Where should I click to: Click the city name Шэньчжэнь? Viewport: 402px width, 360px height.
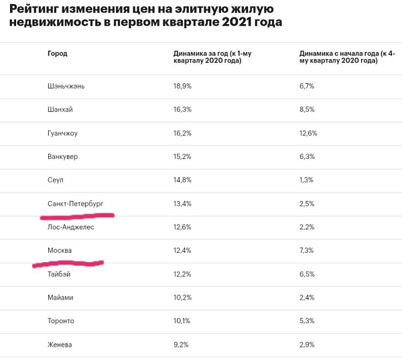click(66, 86)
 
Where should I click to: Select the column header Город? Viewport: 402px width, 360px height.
click(58, 54)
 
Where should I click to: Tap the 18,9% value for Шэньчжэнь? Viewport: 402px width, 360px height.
click(182, 86)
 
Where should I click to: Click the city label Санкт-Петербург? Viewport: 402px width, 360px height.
click(75, 204)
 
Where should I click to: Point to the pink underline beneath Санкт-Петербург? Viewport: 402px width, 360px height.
click(77, 217)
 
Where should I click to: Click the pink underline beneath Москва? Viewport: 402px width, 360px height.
click(68, 263)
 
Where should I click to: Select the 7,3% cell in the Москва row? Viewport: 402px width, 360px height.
click(306, 251)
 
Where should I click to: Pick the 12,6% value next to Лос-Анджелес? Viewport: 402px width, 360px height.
click(182, 227)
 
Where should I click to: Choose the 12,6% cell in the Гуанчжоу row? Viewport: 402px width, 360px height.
click(308, 133)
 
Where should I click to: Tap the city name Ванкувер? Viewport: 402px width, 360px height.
click(62, 156)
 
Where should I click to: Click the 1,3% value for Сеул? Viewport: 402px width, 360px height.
click(306, 180)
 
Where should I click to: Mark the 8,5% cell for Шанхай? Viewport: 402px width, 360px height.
click(307, 109)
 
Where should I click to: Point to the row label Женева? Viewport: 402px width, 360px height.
click(60, 345)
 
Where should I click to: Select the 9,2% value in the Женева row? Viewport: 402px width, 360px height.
click(181, 345)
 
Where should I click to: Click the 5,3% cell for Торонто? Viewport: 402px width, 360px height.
click(307, 320)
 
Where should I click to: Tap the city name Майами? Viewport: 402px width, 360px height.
click(60, 298)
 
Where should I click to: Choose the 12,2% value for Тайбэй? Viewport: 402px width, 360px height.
click(182, 274)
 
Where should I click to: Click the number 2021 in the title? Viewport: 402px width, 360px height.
click(237, 22)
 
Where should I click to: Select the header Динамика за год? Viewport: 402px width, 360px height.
click(200, 54)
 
